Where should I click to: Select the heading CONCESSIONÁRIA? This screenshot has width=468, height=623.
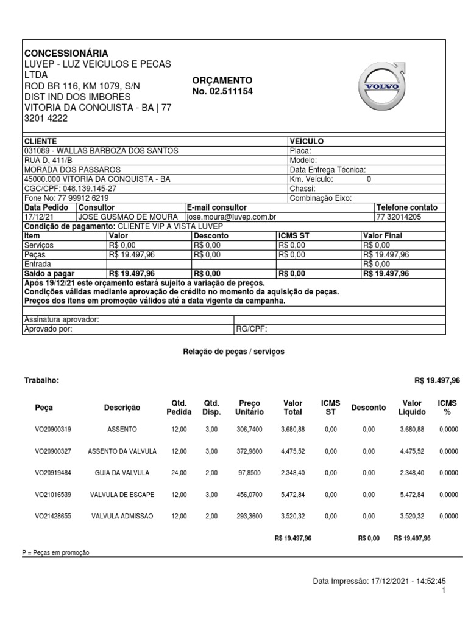click(66, 53)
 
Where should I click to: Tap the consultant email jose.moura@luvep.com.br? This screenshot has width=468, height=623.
click(231, 217)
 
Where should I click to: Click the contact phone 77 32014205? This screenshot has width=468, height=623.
click(399, 217)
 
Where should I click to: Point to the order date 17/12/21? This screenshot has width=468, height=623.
click(36, 217)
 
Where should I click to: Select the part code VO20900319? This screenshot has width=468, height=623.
click(53, 430)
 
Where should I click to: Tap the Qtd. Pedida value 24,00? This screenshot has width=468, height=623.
click(179, 473)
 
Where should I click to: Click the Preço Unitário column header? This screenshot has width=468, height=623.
click(249, 408)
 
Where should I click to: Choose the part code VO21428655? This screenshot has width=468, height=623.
click(53, 516)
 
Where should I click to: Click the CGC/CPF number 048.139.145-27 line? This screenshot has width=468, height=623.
click(70, 189)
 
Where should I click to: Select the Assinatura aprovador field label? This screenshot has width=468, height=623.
click(61, 320)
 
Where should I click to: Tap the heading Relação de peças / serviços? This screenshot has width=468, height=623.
click(233, 352)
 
